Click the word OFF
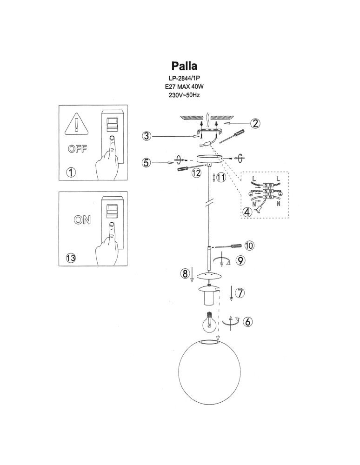tap(77, 149)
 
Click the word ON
tap(83, 220)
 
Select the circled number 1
tap(70, 173)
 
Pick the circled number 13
tap(71, 258)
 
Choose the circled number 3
tap(147, 136)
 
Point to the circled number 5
tap(147, 162)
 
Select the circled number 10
tap(249, 245)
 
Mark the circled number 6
tap(248, 321)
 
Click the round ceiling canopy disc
tap(210, 159)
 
